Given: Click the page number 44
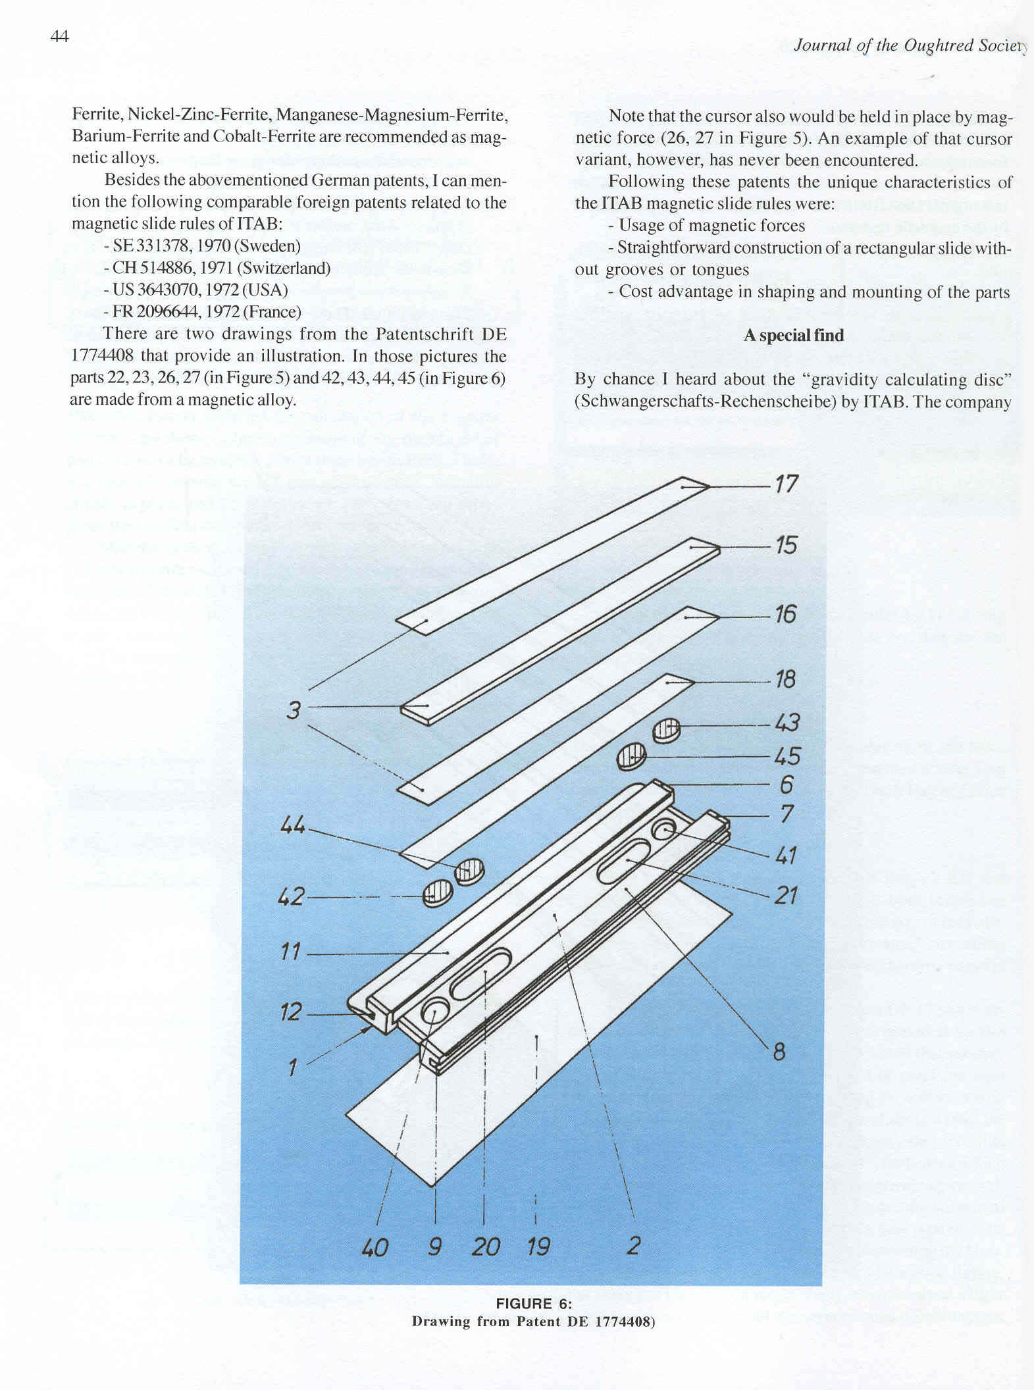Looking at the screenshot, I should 59,36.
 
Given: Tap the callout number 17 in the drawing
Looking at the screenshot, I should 786,485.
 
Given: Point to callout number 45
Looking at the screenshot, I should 787,756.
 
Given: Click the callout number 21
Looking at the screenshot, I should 786,895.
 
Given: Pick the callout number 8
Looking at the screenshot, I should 779,1052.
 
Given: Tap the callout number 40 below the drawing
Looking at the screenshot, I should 375,1247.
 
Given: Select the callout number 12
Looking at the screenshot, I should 291,1012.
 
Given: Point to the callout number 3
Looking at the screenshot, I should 294,711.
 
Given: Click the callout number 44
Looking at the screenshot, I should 293,825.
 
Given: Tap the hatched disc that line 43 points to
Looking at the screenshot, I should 667,730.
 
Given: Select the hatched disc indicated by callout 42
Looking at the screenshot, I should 438,894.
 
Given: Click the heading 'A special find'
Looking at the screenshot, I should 793,336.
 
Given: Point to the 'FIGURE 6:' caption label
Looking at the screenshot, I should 533,1304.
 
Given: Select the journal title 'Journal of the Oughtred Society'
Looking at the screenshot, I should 908,45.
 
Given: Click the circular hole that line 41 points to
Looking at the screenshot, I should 664,831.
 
